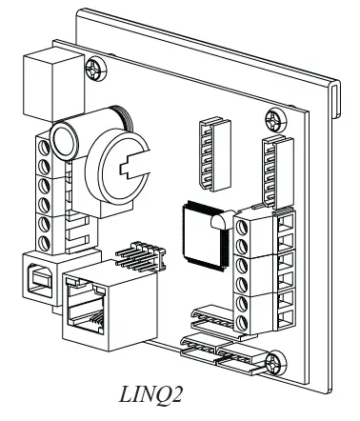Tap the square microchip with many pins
click(x=198, y=228)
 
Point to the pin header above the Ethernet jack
click(x=143, y=254)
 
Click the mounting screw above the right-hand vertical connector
click(x=274, y=120)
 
